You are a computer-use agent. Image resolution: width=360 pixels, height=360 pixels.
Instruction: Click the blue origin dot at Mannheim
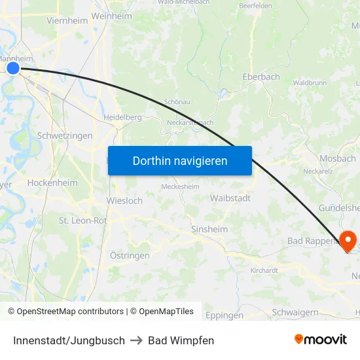point(13,67)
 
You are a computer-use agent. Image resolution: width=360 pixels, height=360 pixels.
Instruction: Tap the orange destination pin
point(347,241)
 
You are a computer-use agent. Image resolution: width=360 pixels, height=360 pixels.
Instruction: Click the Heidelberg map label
point(122,117)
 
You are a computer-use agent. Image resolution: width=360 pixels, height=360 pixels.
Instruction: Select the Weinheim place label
point(112,16)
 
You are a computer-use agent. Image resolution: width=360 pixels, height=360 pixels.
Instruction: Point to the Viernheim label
point(67,20)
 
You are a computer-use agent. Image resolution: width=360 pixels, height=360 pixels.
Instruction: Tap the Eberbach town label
point(261,77)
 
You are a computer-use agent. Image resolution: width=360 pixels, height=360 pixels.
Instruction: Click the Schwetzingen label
point(65,135)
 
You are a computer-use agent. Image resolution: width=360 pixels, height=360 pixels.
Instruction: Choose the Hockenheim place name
point(53,183)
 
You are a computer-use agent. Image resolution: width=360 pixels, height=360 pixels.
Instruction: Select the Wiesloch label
point(124,201)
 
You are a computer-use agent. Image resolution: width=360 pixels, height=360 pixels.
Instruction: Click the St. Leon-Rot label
point(82,221)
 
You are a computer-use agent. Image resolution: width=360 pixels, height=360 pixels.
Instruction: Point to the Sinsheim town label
point(209,229)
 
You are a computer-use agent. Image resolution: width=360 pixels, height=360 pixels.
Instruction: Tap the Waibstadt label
point(230,198)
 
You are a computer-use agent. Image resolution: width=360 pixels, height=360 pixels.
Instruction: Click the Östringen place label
point(130,255)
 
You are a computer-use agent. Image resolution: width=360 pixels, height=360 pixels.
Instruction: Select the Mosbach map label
point(338,158)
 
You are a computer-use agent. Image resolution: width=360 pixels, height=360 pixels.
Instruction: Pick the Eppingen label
point(225,315)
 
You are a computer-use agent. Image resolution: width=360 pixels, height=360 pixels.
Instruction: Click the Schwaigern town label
point(295,312)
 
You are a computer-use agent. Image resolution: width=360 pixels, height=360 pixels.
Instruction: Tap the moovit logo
point(321,340)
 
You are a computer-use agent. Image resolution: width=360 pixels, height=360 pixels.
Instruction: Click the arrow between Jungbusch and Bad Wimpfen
point(135,340)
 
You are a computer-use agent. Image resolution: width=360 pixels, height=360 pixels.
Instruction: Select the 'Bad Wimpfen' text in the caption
point(181,340)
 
